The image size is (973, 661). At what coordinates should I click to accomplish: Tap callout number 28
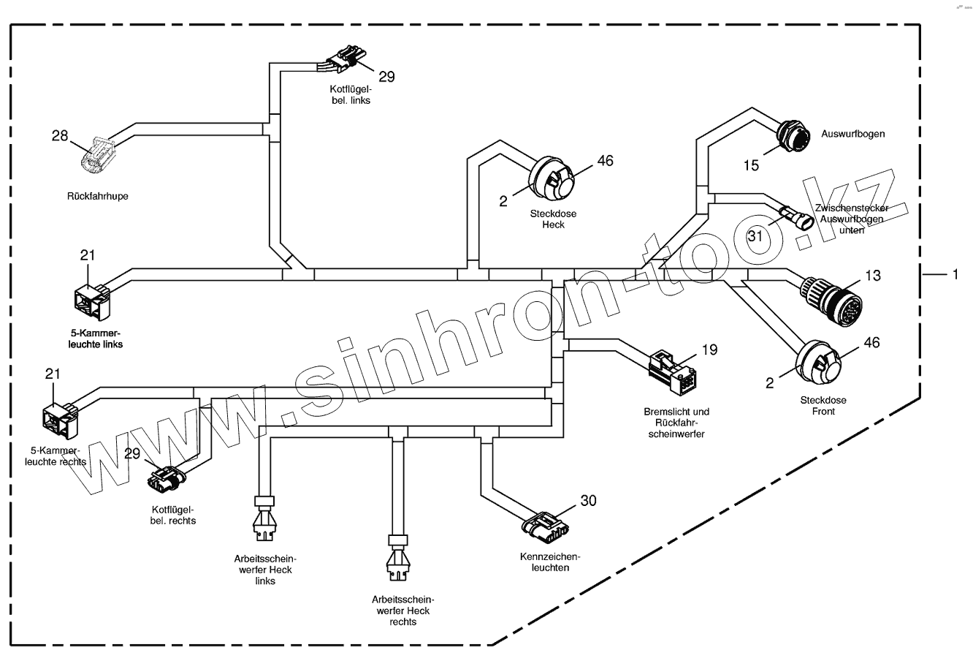point(59,135)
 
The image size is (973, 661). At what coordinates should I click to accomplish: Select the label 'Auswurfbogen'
point(853,135)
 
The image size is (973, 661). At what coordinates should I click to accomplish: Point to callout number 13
point(872,275)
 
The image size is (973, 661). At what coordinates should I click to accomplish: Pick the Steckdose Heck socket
point(553,178)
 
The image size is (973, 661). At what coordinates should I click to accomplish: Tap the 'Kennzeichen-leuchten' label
point(544,562)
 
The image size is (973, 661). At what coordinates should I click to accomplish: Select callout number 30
point(588,500)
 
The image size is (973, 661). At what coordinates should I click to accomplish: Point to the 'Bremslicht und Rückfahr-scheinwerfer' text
point(676,423)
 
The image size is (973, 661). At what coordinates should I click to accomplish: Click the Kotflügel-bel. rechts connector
point(167,479)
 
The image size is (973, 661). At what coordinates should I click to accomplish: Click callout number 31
point(755,235)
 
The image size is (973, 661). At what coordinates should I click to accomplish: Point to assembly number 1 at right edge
point(953,274)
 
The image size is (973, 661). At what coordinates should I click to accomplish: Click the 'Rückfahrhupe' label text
point(97,196)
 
